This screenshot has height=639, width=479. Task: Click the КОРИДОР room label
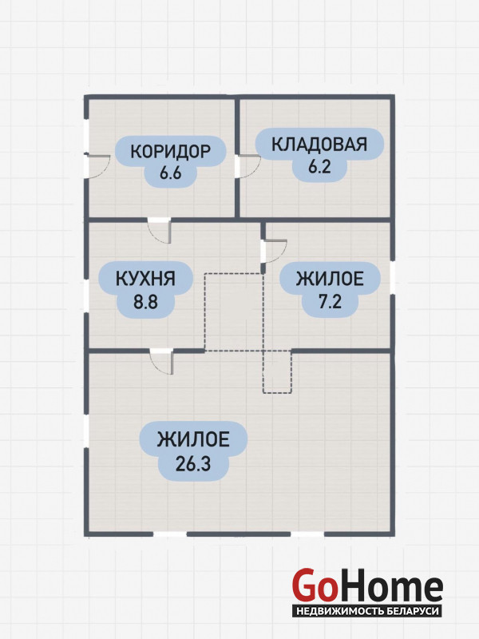pyautogui.click(x=170, y=151)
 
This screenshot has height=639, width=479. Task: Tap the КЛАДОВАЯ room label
pyautogui.click(x=319, y=145)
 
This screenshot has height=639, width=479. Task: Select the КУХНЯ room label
pyautogui.click(x=145, y=279)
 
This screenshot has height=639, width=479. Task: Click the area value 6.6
pyautogui.click(x=170, y=173)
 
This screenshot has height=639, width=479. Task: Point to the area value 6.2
pyautogui.click(x=319, y=167)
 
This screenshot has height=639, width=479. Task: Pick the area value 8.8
pyautogui.click(x=145, y=302)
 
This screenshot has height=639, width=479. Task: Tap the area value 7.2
pyautogui.click(x=330, y=302)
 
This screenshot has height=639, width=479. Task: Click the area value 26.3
pyautogui.click(x=193, y=463)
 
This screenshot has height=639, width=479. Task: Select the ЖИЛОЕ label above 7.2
pyautogui.click(x=330, y=279)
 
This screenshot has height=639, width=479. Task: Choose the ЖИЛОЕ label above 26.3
pyautogui.click(x=193, y=440)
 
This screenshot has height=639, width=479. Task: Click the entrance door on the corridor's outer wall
pyautogui.click(x=97, y=165)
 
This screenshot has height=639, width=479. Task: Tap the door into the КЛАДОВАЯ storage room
pyautogui.click(x=247, y=166)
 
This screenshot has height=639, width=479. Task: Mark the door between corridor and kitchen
pyautogui.click(x=159, y=231)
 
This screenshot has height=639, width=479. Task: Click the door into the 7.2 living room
pyautogui.click(x=274, y=252)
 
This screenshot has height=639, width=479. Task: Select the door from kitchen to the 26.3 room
pyautogui.click(x=162, y=362)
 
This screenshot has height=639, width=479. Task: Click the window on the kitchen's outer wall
pyautogui.click(x=86, y=296)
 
